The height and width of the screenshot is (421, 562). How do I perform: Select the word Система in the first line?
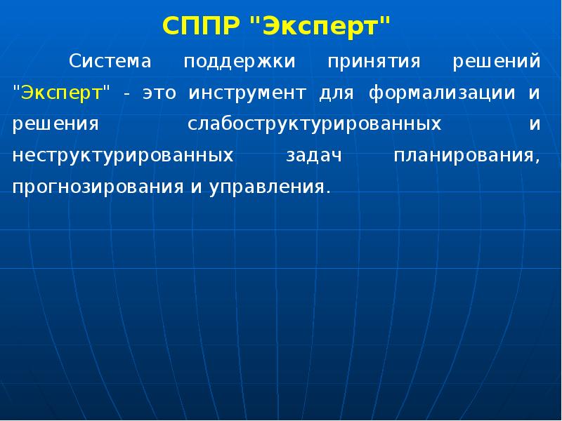(x=110, y=62)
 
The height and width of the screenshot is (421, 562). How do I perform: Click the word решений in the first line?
(x=497, y=62)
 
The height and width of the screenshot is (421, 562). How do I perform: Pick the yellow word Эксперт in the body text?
(x=61, y=93)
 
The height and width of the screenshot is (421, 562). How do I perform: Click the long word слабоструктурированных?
(x=315, y=125)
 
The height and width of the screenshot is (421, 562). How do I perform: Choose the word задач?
(x=313, y=156)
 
